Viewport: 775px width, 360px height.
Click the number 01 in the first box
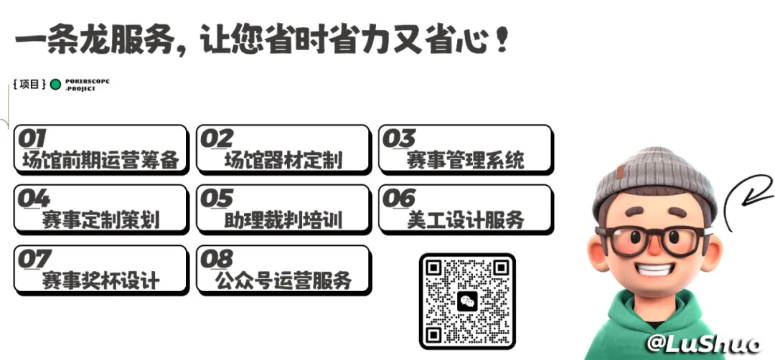coord(32,138)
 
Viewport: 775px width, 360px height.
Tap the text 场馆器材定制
coord(283,160)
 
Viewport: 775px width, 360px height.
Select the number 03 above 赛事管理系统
coord(399,138)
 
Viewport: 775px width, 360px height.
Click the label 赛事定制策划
coord(101,219)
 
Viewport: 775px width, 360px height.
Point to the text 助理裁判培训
coord(283,219)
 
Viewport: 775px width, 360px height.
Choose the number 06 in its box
coord(399,199)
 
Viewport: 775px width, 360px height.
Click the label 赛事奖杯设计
coord(101,280)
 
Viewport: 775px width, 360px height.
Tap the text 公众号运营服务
coord(283,280)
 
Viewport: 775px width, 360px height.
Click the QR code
coord(467,301)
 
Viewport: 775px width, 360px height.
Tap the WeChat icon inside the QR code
coord(467,300)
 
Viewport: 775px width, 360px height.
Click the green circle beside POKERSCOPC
coord(56,85)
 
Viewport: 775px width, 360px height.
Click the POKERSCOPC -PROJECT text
coord(87,85)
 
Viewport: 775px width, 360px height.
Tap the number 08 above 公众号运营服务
coord(216,260)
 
